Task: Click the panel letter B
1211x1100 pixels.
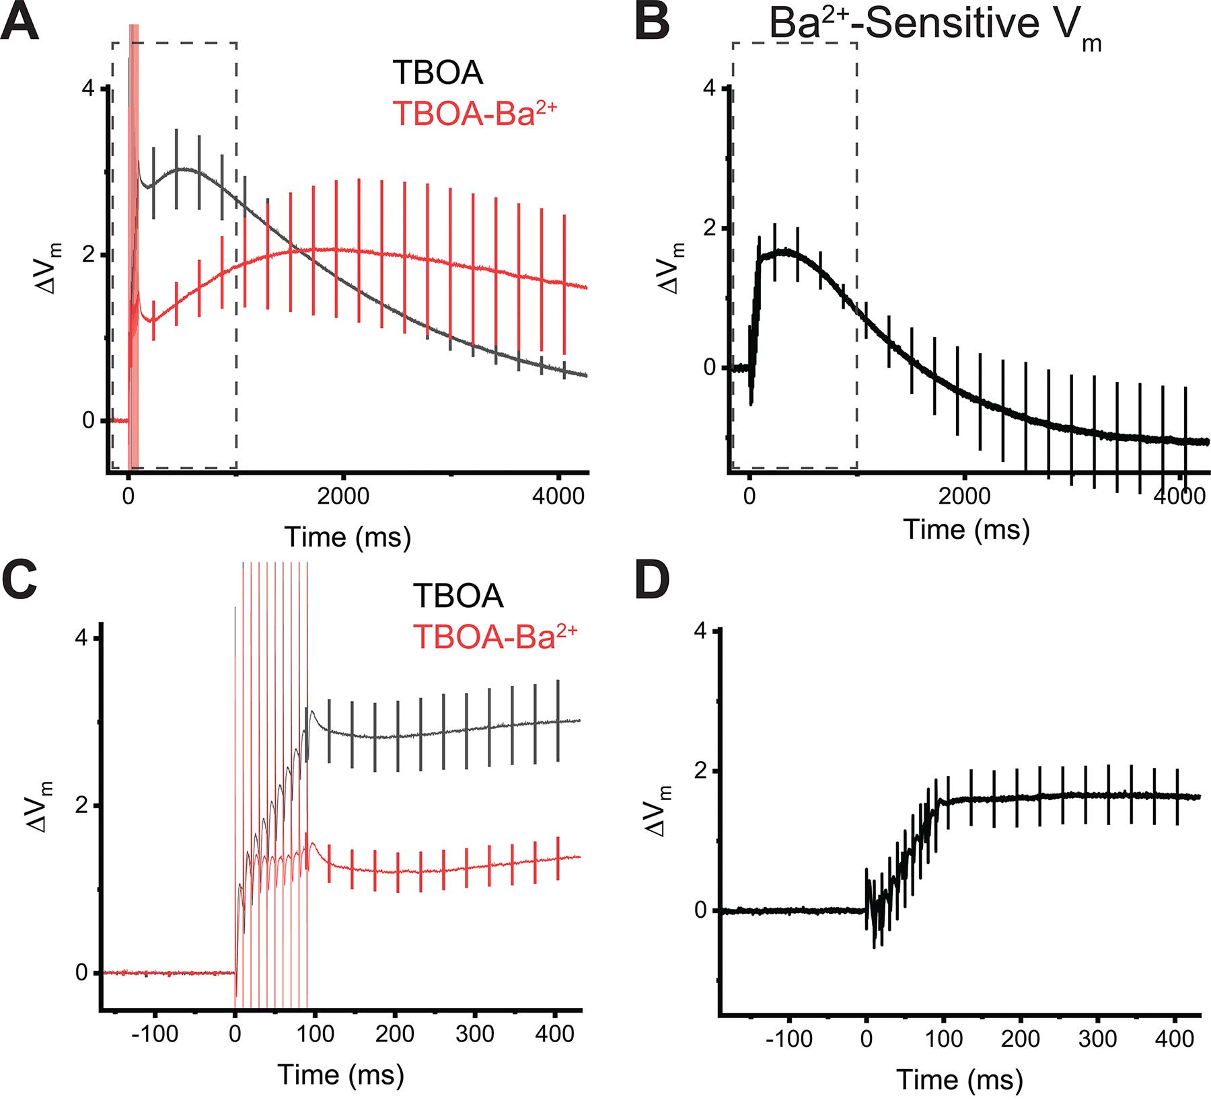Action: tap(652, 19)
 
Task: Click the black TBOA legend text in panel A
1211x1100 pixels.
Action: tap(439, 73)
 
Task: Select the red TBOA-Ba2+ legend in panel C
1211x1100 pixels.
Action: tap(495, 636)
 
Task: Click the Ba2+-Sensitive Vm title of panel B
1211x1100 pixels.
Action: tap(935, 27)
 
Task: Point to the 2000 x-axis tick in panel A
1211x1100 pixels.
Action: tap(344, 499)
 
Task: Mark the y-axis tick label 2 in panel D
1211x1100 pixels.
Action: tap(702, 771)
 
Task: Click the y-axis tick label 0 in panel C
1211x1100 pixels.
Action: tap(81, 973)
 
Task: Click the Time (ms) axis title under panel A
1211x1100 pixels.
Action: tap(347, 537)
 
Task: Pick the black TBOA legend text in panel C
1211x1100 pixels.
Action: tap(458, 596)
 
